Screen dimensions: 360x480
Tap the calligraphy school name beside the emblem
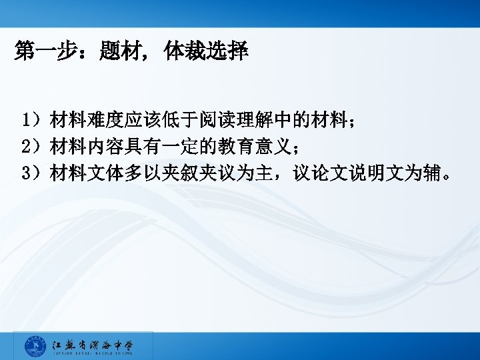[93, 345]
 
